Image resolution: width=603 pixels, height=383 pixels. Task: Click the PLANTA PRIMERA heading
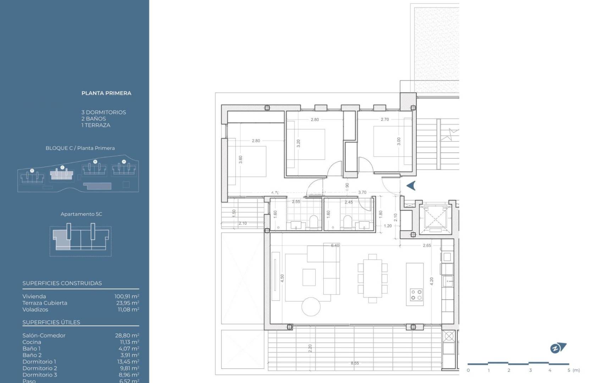(x=106, y=93)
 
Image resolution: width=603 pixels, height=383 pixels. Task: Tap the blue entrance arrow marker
(x=411, y=185)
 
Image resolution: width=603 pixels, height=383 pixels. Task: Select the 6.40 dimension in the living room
(x=335, y=245)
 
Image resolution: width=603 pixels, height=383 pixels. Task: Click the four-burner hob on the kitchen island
(x=416, y=295)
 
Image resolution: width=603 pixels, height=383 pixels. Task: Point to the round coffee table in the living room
(x=311, y=306)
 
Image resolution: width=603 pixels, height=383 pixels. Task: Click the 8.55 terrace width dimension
(x=354, y=363)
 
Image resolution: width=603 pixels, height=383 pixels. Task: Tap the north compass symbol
(x=558, y=348)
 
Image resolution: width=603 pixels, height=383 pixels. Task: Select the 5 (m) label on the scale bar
(x=573, y=370)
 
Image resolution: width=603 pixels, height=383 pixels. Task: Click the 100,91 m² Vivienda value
(x=127, y=296)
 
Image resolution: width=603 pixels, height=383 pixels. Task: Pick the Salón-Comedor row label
(x=44, y=335)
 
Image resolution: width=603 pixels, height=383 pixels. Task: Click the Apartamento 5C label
(x=81, y=214)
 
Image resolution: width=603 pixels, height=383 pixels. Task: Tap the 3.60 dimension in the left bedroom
(x=240, y=160)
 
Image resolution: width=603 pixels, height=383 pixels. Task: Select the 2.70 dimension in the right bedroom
(x=385, y=120)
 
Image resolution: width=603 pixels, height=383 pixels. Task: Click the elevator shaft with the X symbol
(x=435, y=219)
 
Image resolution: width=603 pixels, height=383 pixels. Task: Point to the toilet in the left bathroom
(x=314, y=221)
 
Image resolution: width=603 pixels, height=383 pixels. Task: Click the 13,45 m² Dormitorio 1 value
(x=128, y=362)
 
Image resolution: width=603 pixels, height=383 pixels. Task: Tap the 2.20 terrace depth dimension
(x=310, y=348)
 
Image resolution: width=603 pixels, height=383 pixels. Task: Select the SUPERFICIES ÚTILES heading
(x=51, y=322)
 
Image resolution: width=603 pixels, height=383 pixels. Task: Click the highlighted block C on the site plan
(x=62, y=174)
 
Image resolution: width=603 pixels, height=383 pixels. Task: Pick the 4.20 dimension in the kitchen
(x=431, y=281)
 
